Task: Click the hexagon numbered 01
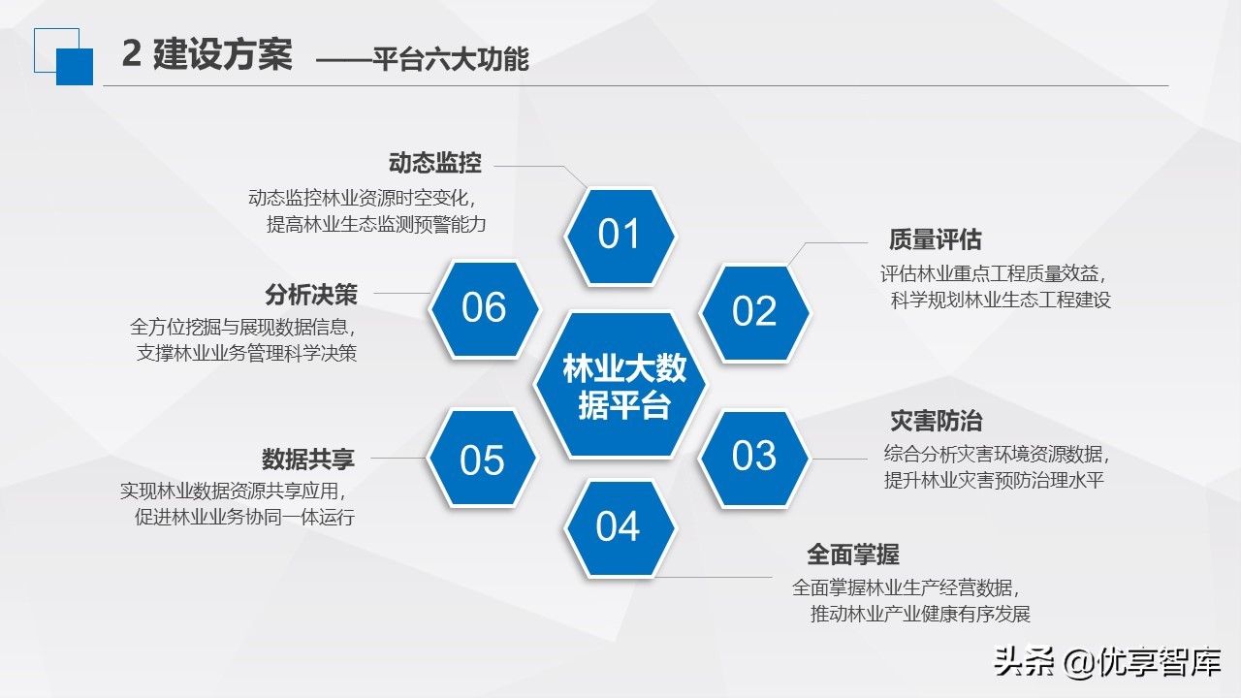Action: point(620,236)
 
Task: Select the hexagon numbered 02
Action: point(754,311)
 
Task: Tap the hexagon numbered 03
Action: point(754,456)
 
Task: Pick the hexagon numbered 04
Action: point(619,527)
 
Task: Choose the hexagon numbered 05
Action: point(482,460)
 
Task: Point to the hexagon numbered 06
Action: point(484,308)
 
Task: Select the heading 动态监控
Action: point(434,163)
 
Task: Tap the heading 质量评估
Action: point(936,239)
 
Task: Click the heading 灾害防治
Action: point(936,421)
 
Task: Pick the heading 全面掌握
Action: point(853,555)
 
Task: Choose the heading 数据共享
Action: point(307,458)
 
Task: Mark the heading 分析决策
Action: point(311,294)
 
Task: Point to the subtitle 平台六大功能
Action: point(451,60)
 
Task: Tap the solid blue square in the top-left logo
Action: point(75,67)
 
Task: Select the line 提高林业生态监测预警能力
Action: point(376,224)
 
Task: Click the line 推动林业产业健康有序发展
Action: point(920,614)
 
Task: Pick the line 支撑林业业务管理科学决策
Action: point(247,353)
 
